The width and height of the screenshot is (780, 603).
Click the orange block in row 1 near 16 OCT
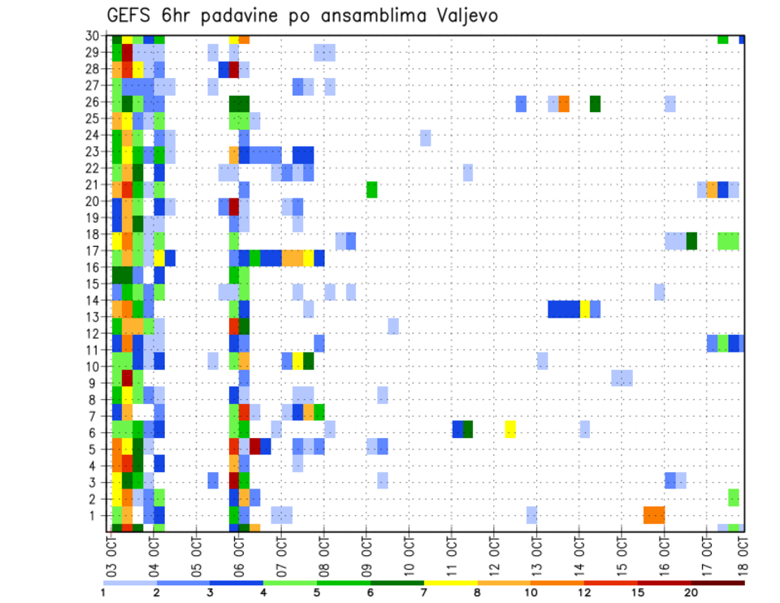654,514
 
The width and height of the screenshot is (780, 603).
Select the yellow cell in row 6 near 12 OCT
510,429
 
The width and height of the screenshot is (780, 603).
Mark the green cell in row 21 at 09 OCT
371,189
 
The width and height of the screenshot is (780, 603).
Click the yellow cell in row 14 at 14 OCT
584,309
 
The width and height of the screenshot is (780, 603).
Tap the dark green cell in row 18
691,241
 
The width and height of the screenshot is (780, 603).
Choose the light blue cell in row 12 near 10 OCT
393,326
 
